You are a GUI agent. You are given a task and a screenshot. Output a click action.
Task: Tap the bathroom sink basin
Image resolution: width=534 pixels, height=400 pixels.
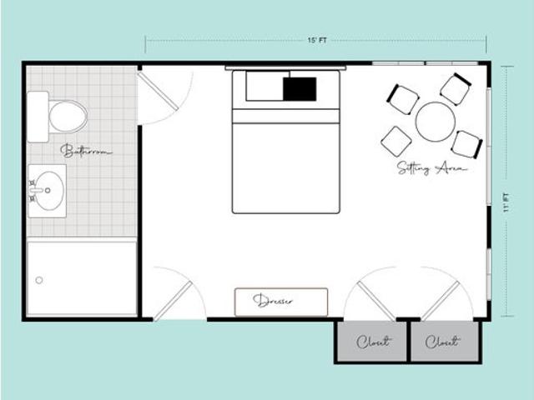(x=48, y=191)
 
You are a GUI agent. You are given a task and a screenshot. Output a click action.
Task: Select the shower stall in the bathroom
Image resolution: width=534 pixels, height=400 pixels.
(x=82, y=277)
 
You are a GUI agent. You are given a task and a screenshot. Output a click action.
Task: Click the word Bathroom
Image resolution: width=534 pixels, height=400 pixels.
(x=86, y=151)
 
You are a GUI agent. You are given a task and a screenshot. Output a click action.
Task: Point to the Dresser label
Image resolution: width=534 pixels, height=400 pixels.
(x=280, y=301)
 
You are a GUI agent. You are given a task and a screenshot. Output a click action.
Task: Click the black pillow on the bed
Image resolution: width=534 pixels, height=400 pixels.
(x=300, y=87)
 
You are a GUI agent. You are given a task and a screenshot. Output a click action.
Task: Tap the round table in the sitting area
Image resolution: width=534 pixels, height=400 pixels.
(x=435, y=122)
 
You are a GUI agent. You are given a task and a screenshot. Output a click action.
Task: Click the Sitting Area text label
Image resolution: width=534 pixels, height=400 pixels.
(x=431, y=167)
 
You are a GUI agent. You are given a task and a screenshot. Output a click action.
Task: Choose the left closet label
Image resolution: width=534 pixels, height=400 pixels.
(x=371, y=342)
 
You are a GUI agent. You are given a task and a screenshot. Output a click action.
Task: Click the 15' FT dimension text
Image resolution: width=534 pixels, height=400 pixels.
(x=315, y=39)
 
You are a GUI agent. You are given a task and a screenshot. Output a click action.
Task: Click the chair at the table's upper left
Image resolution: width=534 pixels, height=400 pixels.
(x=403, y=99)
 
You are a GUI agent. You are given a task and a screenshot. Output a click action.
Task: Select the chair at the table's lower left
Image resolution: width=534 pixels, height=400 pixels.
(x=396, y=141)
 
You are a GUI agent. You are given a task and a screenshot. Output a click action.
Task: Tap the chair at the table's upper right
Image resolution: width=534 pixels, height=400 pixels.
(x=456, y=88)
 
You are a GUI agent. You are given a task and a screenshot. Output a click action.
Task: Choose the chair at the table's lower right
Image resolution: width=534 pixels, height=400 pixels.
(x=466, y=143)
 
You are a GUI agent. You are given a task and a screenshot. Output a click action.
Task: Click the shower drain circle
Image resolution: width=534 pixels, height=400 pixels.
(x=39, y=280)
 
